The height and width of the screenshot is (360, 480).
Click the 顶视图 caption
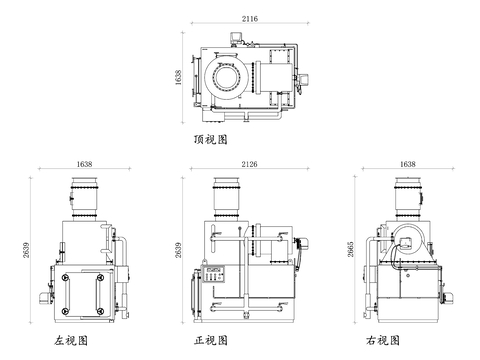(212, 139)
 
